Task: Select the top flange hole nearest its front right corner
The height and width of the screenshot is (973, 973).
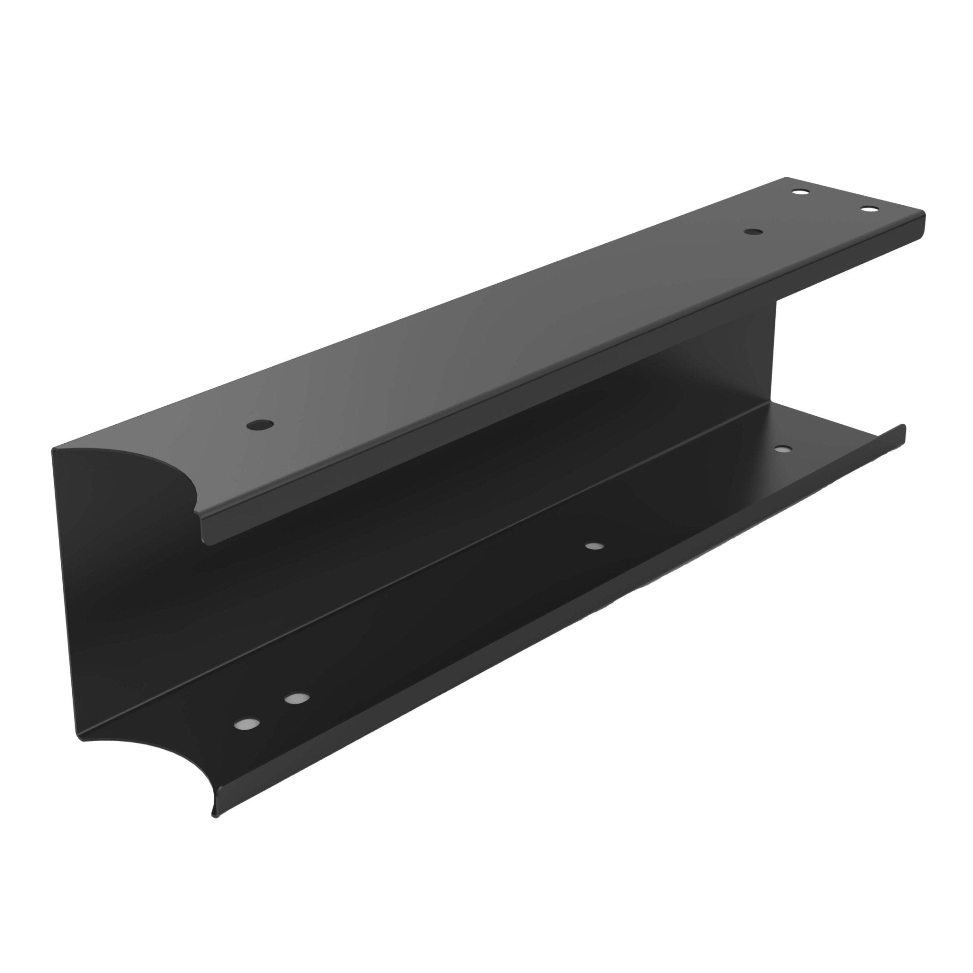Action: pyautogui.click(x=868, y=209)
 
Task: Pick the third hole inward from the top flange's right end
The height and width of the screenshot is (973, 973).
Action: pyautogui.click(x=753, y=232)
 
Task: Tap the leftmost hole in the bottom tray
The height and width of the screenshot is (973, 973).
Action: pyautogui.click(x=247, y=724)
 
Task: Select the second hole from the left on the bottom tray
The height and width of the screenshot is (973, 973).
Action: pyautogui.click(x=296, y=698)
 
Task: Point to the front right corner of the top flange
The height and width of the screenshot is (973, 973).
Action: pyautogui.click(x=925, y=215)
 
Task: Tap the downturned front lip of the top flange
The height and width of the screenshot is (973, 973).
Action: pyautogui.click(x=554, y=383)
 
